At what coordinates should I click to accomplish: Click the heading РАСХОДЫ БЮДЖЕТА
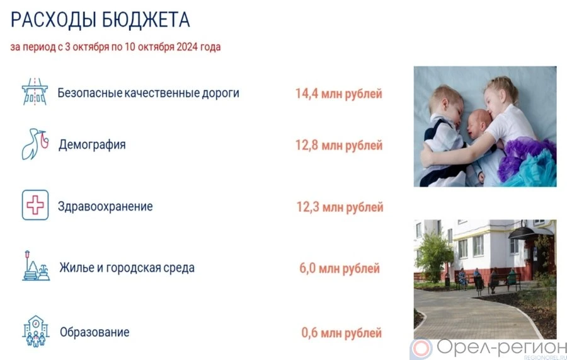(x=100, y=20)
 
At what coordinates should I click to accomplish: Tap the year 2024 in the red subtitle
(x=187, y=47)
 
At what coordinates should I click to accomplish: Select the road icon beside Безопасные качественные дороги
(x=35, y=92)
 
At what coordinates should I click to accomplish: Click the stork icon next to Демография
(x=35, y=144)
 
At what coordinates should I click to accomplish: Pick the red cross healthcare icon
(x=35, y=205)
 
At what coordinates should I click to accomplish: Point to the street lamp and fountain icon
(x=36, y=266)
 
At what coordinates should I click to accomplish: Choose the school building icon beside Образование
(x=35, y=332)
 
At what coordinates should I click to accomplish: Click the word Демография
(x=92, y=145)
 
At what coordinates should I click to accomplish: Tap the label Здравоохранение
(x=105, y=207)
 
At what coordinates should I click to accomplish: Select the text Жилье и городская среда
(x=127, y=268)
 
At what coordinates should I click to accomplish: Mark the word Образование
(x=94, y=332)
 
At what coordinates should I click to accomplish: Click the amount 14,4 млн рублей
(x=339, y=94)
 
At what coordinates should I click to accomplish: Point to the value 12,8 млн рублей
(x=339, y=146)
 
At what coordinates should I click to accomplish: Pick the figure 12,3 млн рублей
(x=340, y=207)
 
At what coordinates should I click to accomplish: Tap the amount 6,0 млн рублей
(x=340, y=269)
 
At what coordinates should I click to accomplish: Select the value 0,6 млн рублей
(x=341, y=333)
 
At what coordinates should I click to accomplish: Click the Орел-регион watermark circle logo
(x=421, y=349)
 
